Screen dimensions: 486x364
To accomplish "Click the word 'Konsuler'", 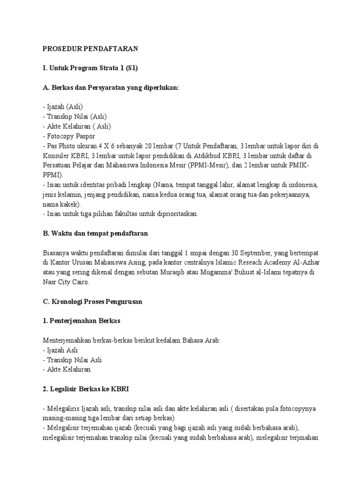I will (x=56, y=156).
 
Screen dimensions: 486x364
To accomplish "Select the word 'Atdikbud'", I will (x=220, y=156).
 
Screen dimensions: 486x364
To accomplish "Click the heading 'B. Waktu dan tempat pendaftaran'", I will (x=95, y=234).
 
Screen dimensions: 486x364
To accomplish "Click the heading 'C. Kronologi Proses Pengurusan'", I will (x=92, y=301).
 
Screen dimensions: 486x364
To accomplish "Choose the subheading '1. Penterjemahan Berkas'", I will (x=82, y=321).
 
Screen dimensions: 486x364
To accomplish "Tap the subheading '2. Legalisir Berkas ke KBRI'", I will (x=86, y=389).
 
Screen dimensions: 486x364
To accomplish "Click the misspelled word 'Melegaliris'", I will (x=62, y=409).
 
